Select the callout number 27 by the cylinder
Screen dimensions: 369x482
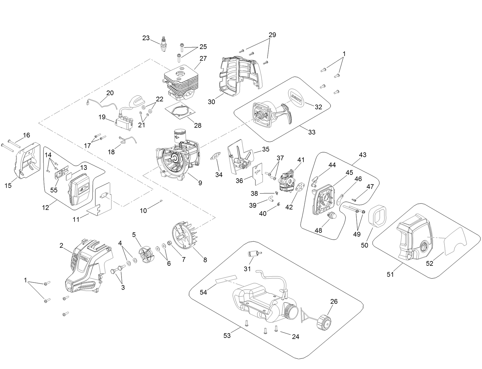[x=203, y=58]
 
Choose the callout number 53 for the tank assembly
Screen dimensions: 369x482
[x=227, y=336]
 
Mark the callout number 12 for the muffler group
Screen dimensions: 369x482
[x=45, y=208]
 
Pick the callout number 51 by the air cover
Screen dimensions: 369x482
[x=390, y=275]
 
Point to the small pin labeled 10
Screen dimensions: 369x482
[x=161, y=201]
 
